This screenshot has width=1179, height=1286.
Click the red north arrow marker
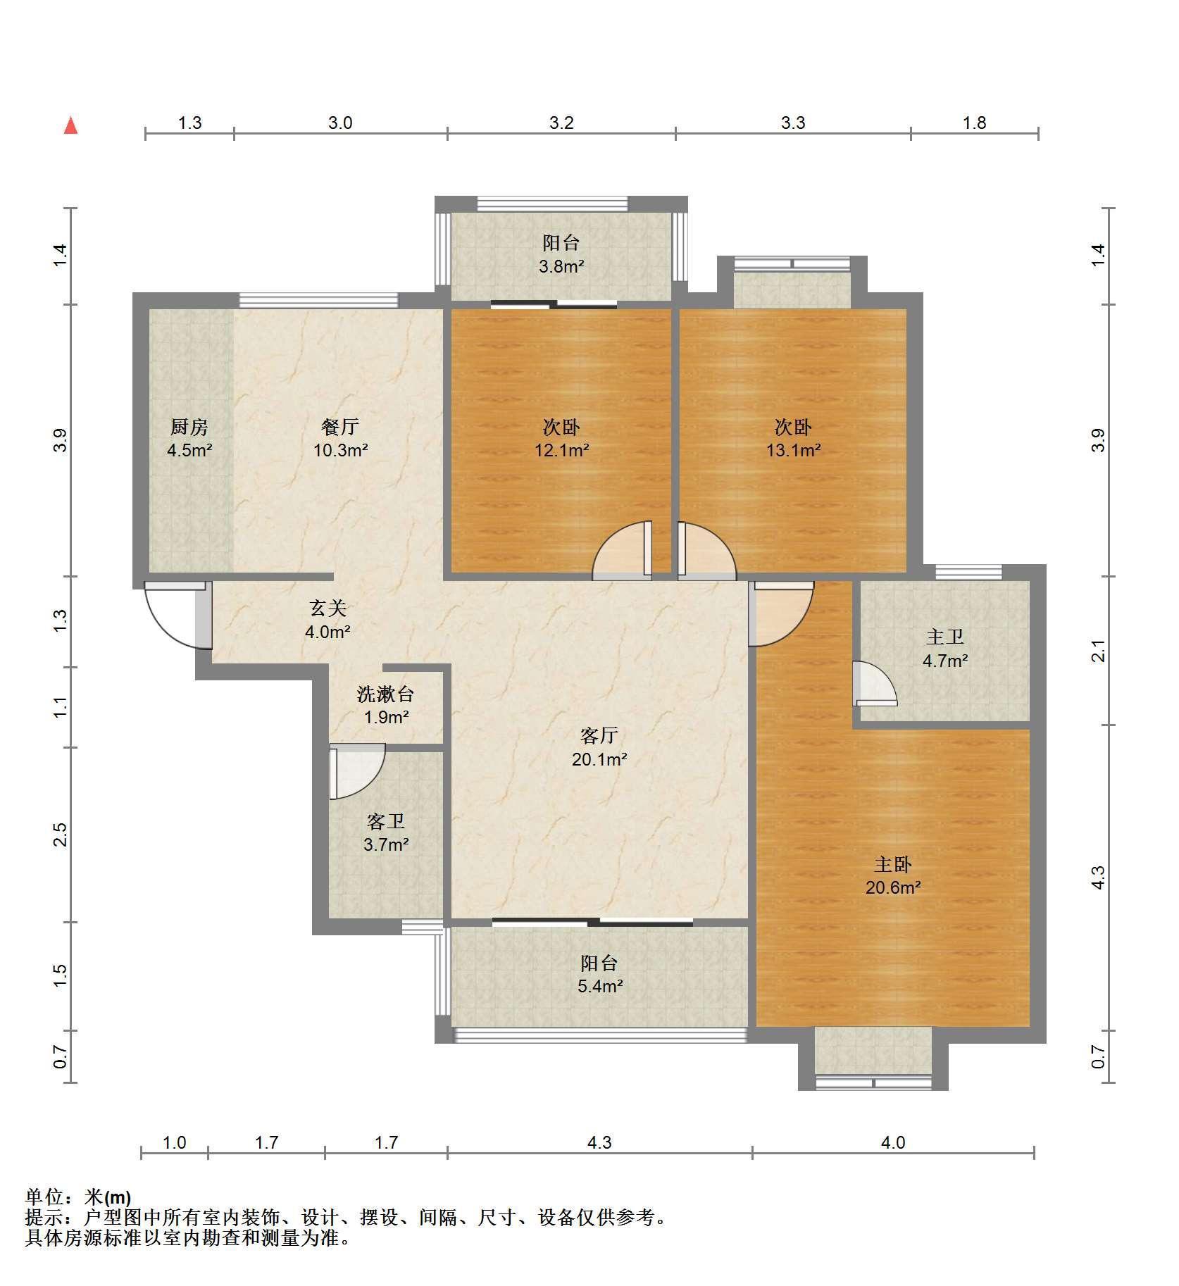[x=70, y=126]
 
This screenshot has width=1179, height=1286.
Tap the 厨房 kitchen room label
[x=189, y=427]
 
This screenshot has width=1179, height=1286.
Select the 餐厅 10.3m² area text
[x=341, y=450]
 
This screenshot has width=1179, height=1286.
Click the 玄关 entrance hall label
[x=328, y=608]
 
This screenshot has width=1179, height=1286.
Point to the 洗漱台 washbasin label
[x=385, y=694]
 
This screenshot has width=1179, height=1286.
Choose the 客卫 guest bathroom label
[x=386, y=821]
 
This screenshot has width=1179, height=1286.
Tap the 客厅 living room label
[x=599, y=736]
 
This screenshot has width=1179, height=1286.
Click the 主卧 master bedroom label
[x=893, y=864]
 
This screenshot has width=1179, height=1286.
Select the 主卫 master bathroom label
[x=944, y=637]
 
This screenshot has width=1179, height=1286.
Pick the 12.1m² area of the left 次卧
[x=562, y=450]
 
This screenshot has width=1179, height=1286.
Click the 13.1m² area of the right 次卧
[x=794, y=450]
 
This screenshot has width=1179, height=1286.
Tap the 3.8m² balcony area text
[x=561, y=267]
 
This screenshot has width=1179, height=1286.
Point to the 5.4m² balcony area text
[x=600, y=987]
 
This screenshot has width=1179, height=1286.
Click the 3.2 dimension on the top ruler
[x=561, y=123]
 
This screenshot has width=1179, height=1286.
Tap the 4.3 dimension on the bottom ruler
[x=599, y=1142]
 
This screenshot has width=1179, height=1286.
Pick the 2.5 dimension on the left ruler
[x=61, y=834]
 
